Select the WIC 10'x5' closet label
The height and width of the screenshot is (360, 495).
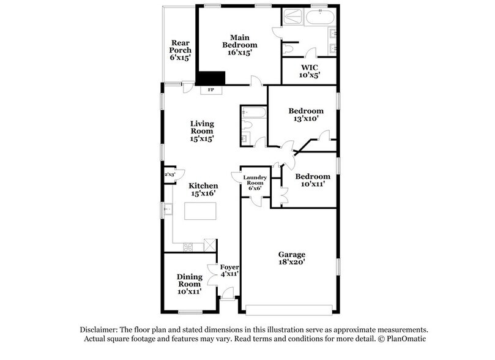(309, 71)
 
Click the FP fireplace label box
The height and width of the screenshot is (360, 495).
(212, 91)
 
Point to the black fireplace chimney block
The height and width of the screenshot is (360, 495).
(210, 78)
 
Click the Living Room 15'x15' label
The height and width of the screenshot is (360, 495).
(202, 131)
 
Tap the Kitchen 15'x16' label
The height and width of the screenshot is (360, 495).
(203, 189)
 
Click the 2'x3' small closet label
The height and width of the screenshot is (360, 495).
(169, 174)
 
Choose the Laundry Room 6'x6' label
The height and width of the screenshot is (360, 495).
(255, 183)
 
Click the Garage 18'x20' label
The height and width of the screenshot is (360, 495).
(291, 258)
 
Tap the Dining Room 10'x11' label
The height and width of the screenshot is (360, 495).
(190, 284)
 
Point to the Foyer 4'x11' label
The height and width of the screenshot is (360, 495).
(229, 271)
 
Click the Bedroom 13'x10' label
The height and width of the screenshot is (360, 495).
(306, 114)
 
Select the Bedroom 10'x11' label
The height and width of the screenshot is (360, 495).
(313, 180)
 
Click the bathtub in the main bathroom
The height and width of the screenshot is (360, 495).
(319, 17)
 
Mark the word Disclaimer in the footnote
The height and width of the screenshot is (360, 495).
(99, 329)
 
